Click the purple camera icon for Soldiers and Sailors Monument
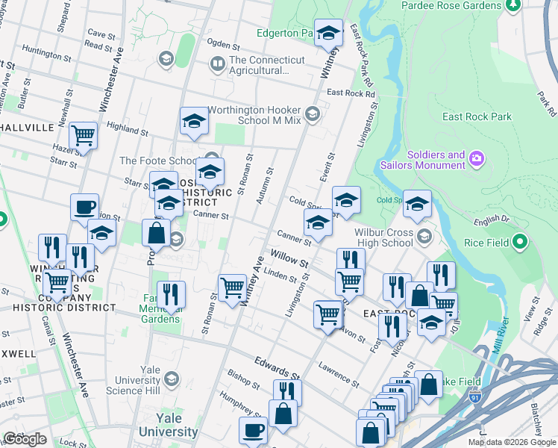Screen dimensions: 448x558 click(x=477, y=159)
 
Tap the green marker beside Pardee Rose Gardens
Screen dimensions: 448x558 click(x=513, y=5)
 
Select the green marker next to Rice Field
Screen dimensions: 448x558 click(x=521, y=242)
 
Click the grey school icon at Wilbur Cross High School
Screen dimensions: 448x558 click(x=424, y=237)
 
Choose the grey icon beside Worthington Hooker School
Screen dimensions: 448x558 click(x=312, y=114)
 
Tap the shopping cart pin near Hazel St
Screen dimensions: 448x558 click(x=83, y=137)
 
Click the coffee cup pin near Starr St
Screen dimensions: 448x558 click(x=84, y=207)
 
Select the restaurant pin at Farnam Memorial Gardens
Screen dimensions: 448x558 click(x=171, y=294)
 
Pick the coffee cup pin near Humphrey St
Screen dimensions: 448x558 click(x=253, y=430)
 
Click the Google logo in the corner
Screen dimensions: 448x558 click(x=25, y=439)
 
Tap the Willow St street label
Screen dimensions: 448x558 click(x=289, y=260)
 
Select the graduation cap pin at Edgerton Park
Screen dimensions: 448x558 click(x=328, y=34)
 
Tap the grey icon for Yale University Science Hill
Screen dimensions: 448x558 click(x=171, y=380)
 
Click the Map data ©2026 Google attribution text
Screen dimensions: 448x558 click(x=511, y=442)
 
